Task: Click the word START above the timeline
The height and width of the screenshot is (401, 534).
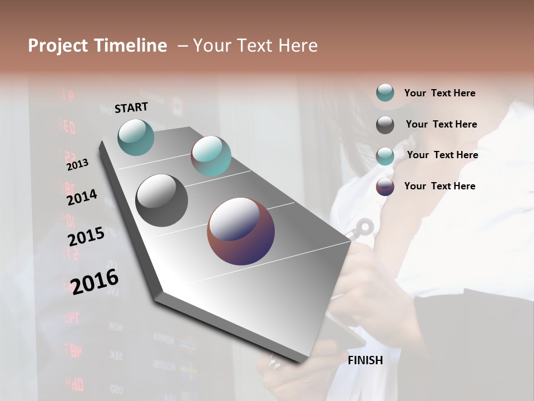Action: click(131, 107)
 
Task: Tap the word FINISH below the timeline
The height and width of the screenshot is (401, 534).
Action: click(365, 360)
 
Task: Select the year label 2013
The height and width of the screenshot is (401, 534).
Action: click(77, 164)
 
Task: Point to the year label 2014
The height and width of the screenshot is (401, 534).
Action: click(82, 198)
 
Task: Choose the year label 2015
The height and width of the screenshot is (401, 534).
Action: click(86, 237)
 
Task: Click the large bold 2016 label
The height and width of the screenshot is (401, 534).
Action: click(95, 281)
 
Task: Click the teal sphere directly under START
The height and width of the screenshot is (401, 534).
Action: click(136, 137)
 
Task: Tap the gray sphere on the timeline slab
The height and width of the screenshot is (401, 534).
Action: click(161, 200)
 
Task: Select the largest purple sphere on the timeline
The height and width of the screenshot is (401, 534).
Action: click(241, 231)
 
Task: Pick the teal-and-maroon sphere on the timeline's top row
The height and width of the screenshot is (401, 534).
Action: click(211, 156)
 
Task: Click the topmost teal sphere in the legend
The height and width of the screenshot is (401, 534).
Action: click(385, 92)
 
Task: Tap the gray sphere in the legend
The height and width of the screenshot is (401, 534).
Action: click(385, 125)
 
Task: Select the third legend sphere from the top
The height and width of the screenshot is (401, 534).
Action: click(385, 156)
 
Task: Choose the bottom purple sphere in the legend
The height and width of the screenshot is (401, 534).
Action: click(385, 187)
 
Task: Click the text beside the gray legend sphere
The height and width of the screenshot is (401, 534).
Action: click(441, 124)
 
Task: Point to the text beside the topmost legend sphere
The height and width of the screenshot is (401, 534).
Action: click(439, 93)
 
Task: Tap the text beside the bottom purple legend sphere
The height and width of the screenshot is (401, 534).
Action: click(439, 186)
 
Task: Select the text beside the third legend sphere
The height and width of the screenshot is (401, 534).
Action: click(442, 155)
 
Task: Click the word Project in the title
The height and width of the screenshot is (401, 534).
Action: click(58, 46)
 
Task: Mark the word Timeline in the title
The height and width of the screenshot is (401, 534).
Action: click(130, 46)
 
